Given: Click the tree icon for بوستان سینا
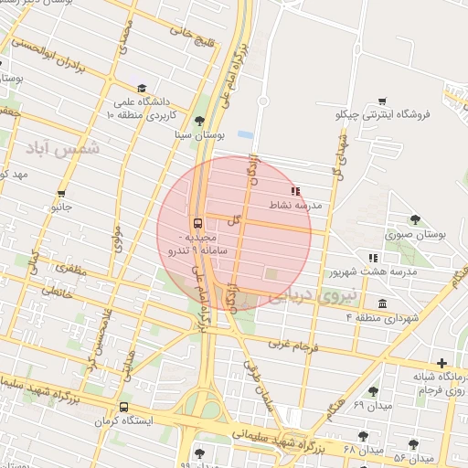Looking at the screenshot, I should [x=200, y=120].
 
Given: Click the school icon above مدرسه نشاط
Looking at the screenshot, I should [x=294, y=191].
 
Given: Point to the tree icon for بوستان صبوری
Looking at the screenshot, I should [x=416, y=219].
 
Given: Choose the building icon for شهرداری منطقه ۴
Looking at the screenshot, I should [x=381, y=303].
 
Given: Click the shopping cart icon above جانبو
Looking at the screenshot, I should [x=61, y=194].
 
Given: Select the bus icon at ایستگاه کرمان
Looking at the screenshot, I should [x=123, y=408].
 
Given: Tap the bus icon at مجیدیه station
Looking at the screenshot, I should [x=197, y=224].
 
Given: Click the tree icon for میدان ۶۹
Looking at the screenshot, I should [x=374, y=391].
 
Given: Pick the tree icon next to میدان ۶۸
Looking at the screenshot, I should [x=364, y=436].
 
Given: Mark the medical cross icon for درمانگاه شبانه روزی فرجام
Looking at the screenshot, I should [x=442, y=363].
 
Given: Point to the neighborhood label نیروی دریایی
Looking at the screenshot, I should [x=307, y=294].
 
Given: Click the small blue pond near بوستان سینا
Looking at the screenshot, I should [x=244, y=134].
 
